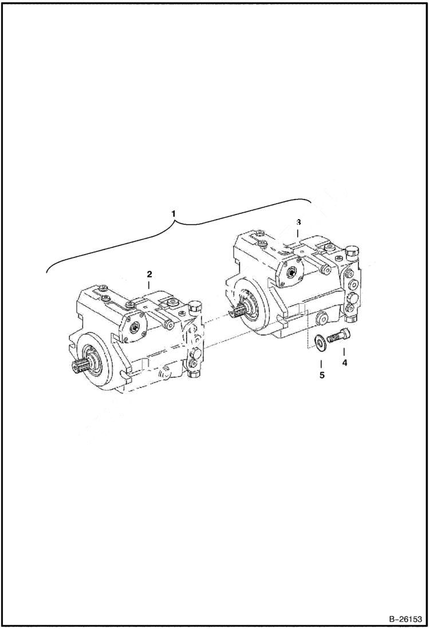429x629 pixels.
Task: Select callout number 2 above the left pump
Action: click(148, 275)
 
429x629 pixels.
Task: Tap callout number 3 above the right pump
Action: click(298, 221)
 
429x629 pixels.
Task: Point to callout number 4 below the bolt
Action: click(344, 362)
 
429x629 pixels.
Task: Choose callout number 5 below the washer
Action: click(321, 376)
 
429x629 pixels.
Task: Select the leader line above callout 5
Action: click(321, 364)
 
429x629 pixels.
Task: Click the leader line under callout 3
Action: click(298, 232)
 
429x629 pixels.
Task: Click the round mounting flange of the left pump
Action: click(95, 367)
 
